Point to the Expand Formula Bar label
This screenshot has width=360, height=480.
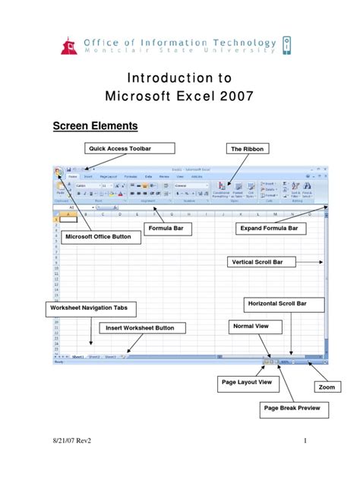[268, 228]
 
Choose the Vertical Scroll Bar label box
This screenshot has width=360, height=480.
[261, 263]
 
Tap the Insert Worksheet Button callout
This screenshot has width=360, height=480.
[141, 328]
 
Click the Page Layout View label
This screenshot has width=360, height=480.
[245, 382]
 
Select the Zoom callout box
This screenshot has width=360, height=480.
[326, 387]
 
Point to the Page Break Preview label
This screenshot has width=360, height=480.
[292, 409]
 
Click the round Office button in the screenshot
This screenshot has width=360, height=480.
[58, 172]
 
